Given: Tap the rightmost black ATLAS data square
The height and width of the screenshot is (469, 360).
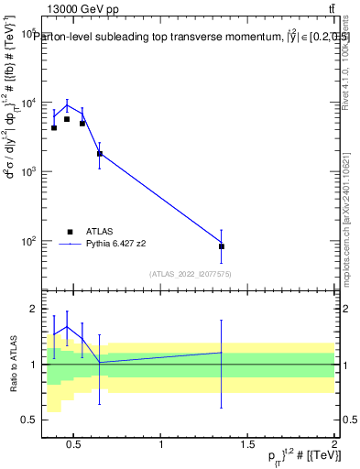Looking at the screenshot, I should [x=222, y=246].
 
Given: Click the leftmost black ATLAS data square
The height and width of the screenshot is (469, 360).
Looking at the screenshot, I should [x=54, y=127].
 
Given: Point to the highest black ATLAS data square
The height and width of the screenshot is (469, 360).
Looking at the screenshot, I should [x=67, y=119].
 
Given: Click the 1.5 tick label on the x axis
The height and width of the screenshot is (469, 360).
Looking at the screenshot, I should [x=247, y=445].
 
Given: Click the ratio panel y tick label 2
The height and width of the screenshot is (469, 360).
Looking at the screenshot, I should [x=29, y=310].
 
